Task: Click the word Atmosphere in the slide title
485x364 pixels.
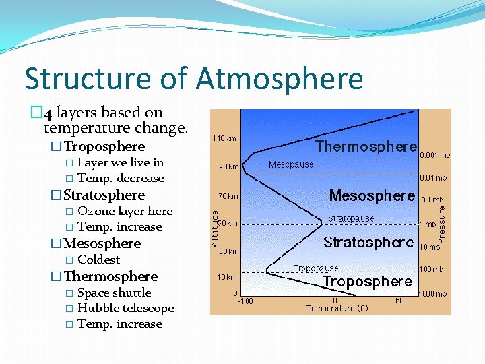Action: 280,78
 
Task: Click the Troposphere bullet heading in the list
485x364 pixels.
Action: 104,146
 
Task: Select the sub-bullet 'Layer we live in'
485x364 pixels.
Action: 121,162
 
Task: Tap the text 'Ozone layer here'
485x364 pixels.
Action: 125,211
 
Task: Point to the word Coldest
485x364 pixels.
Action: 99,260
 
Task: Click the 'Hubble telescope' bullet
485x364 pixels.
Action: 126,308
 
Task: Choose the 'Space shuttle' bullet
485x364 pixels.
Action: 115,293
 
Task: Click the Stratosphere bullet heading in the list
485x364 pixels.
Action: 104,195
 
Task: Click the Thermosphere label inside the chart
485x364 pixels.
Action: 366,146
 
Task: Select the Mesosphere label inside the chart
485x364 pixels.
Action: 371,195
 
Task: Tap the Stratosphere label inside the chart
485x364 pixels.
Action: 368,242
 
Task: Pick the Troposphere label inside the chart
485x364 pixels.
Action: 367,281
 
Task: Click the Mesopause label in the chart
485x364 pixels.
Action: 290,164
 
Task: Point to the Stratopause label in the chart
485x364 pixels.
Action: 351,218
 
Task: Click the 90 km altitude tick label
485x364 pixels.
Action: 228,166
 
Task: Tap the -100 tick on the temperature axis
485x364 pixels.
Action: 245,301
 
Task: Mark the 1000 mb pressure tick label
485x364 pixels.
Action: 433,294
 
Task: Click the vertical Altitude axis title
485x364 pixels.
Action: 216,229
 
